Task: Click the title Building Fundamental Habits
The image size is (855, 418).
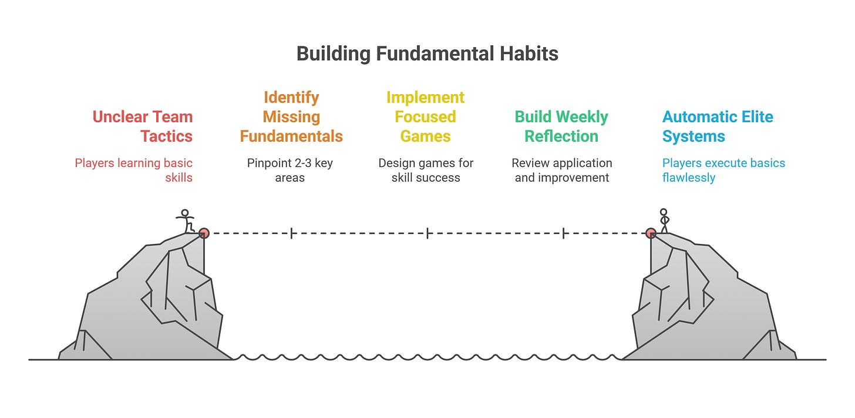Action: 427,54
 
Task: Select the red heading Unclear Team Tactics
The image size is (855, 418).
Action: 143,126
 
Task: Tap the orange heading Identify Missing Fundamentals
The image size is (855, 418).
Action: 291,117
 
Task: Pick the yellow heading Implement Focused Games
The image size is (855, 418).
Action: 426,117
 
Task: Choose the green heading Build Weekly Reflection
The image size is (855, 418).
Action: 561,126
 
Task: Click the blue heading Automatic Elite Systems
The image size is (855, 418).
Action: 718,126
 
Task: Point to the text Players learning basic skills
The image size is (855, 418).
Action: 134,170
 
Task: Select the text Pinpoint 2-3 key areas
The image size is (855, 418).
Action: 290,170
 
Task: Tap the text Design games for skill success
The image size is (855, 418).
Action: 426,170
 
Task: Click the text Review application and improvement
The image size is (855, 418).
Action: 562,170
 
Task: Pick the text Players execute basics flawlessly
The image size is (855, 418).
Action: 723,170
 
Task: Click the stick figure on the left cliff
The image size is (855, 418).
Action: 186,222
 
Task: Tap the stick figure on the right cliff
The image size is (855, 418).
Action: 664,220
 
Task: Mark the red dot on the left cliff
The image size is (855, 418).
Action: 203,233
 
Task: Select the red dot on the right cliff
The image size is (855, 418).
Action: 651,233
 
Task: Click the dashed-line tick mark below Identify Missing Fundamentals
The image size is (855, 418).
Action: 291,233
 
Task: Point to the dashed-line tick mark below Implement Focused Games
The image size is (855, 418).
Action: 427,233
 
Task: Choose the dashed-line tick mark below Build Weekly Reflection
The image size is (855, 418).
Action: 564,233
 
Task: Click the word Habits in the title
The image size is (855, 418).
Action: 526,54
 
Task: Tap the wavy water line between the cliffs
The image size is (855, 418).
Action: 427,357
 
